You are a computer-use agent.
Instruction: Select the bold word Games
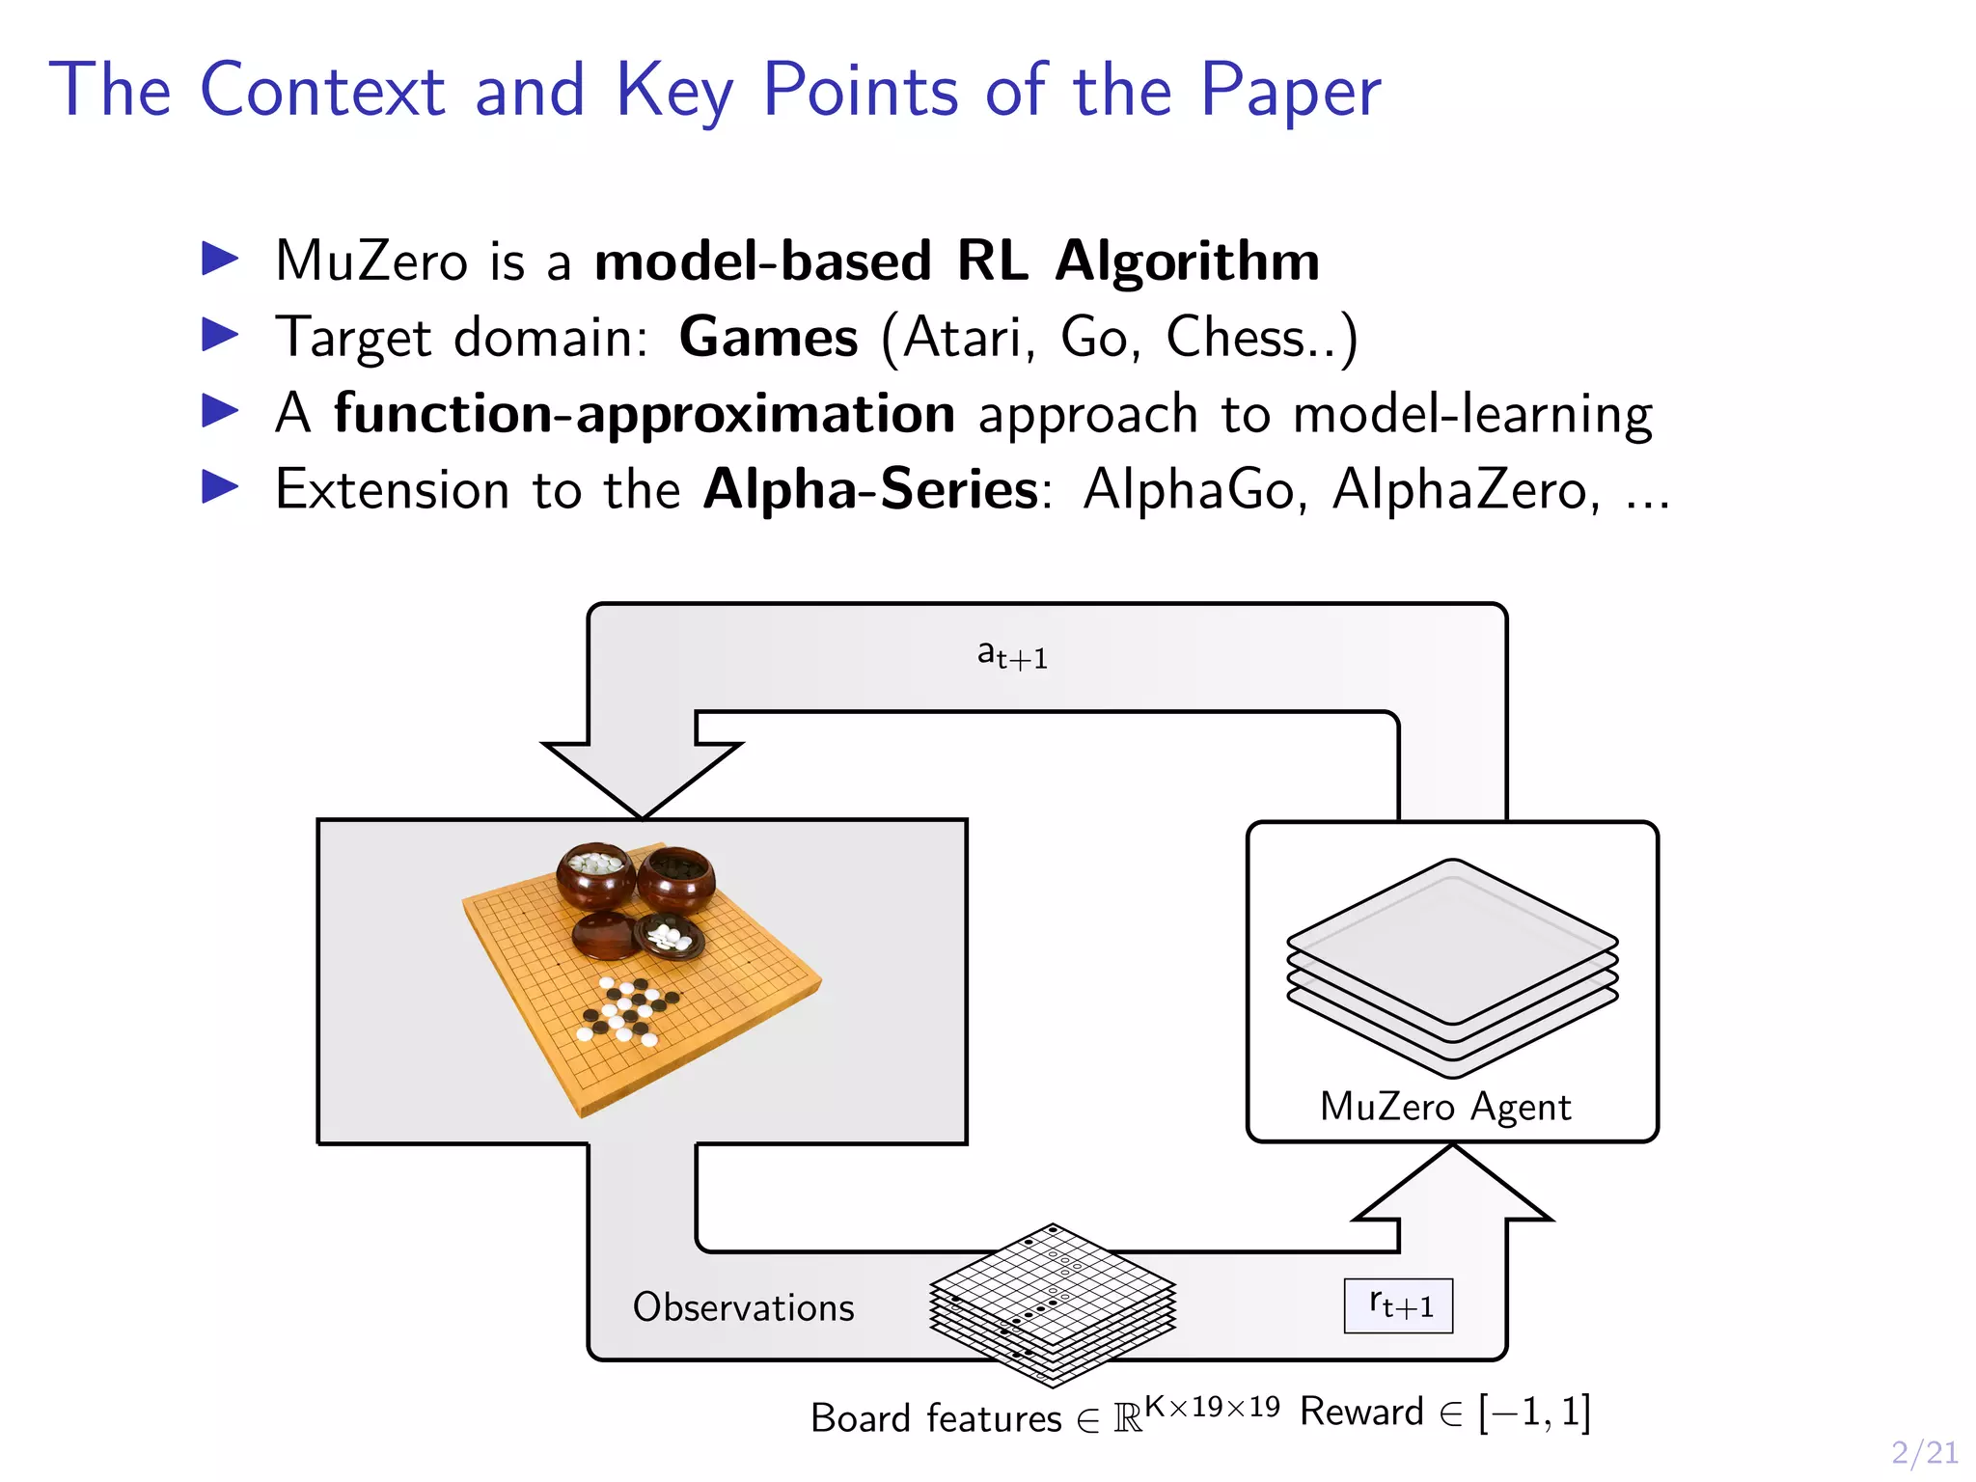[x=768, y=338]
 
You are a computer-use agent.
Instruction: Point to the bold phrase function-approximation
[x=645, y=414]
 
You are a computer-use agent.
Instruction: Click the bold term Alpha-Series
[x=870, y=489]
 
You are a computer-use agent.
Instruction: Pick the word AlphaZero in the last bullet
[x=1459, y=489]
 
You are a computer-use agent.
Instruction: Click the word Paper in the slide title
[x=1290, y=90]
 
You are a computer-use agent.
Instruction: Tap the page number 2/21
[x=1924, y=1452]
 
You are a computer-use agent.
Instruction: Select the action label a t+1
[x=1012, y=656]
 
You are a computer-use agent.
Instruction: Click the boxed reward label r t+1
[x=1398, y=1305]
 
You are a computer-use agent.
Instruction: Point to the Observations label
[x=743, y=1307]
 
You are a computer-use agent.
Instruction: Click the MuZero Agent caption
[x=1445, y=1107]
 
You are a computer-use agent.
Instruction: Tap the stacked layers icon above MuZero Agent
[x=1452, y=965]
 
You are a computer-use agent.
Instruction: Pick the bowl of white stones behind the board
[x=594, y=873]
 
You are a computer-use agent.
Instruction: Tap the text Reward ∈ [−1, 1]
[x=1444, y=1413]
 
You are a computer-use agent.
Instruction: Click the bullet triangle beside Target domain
[x=220, y=335]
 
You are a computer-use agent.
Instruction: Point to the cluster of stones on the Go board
[x=625, y=1010]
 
